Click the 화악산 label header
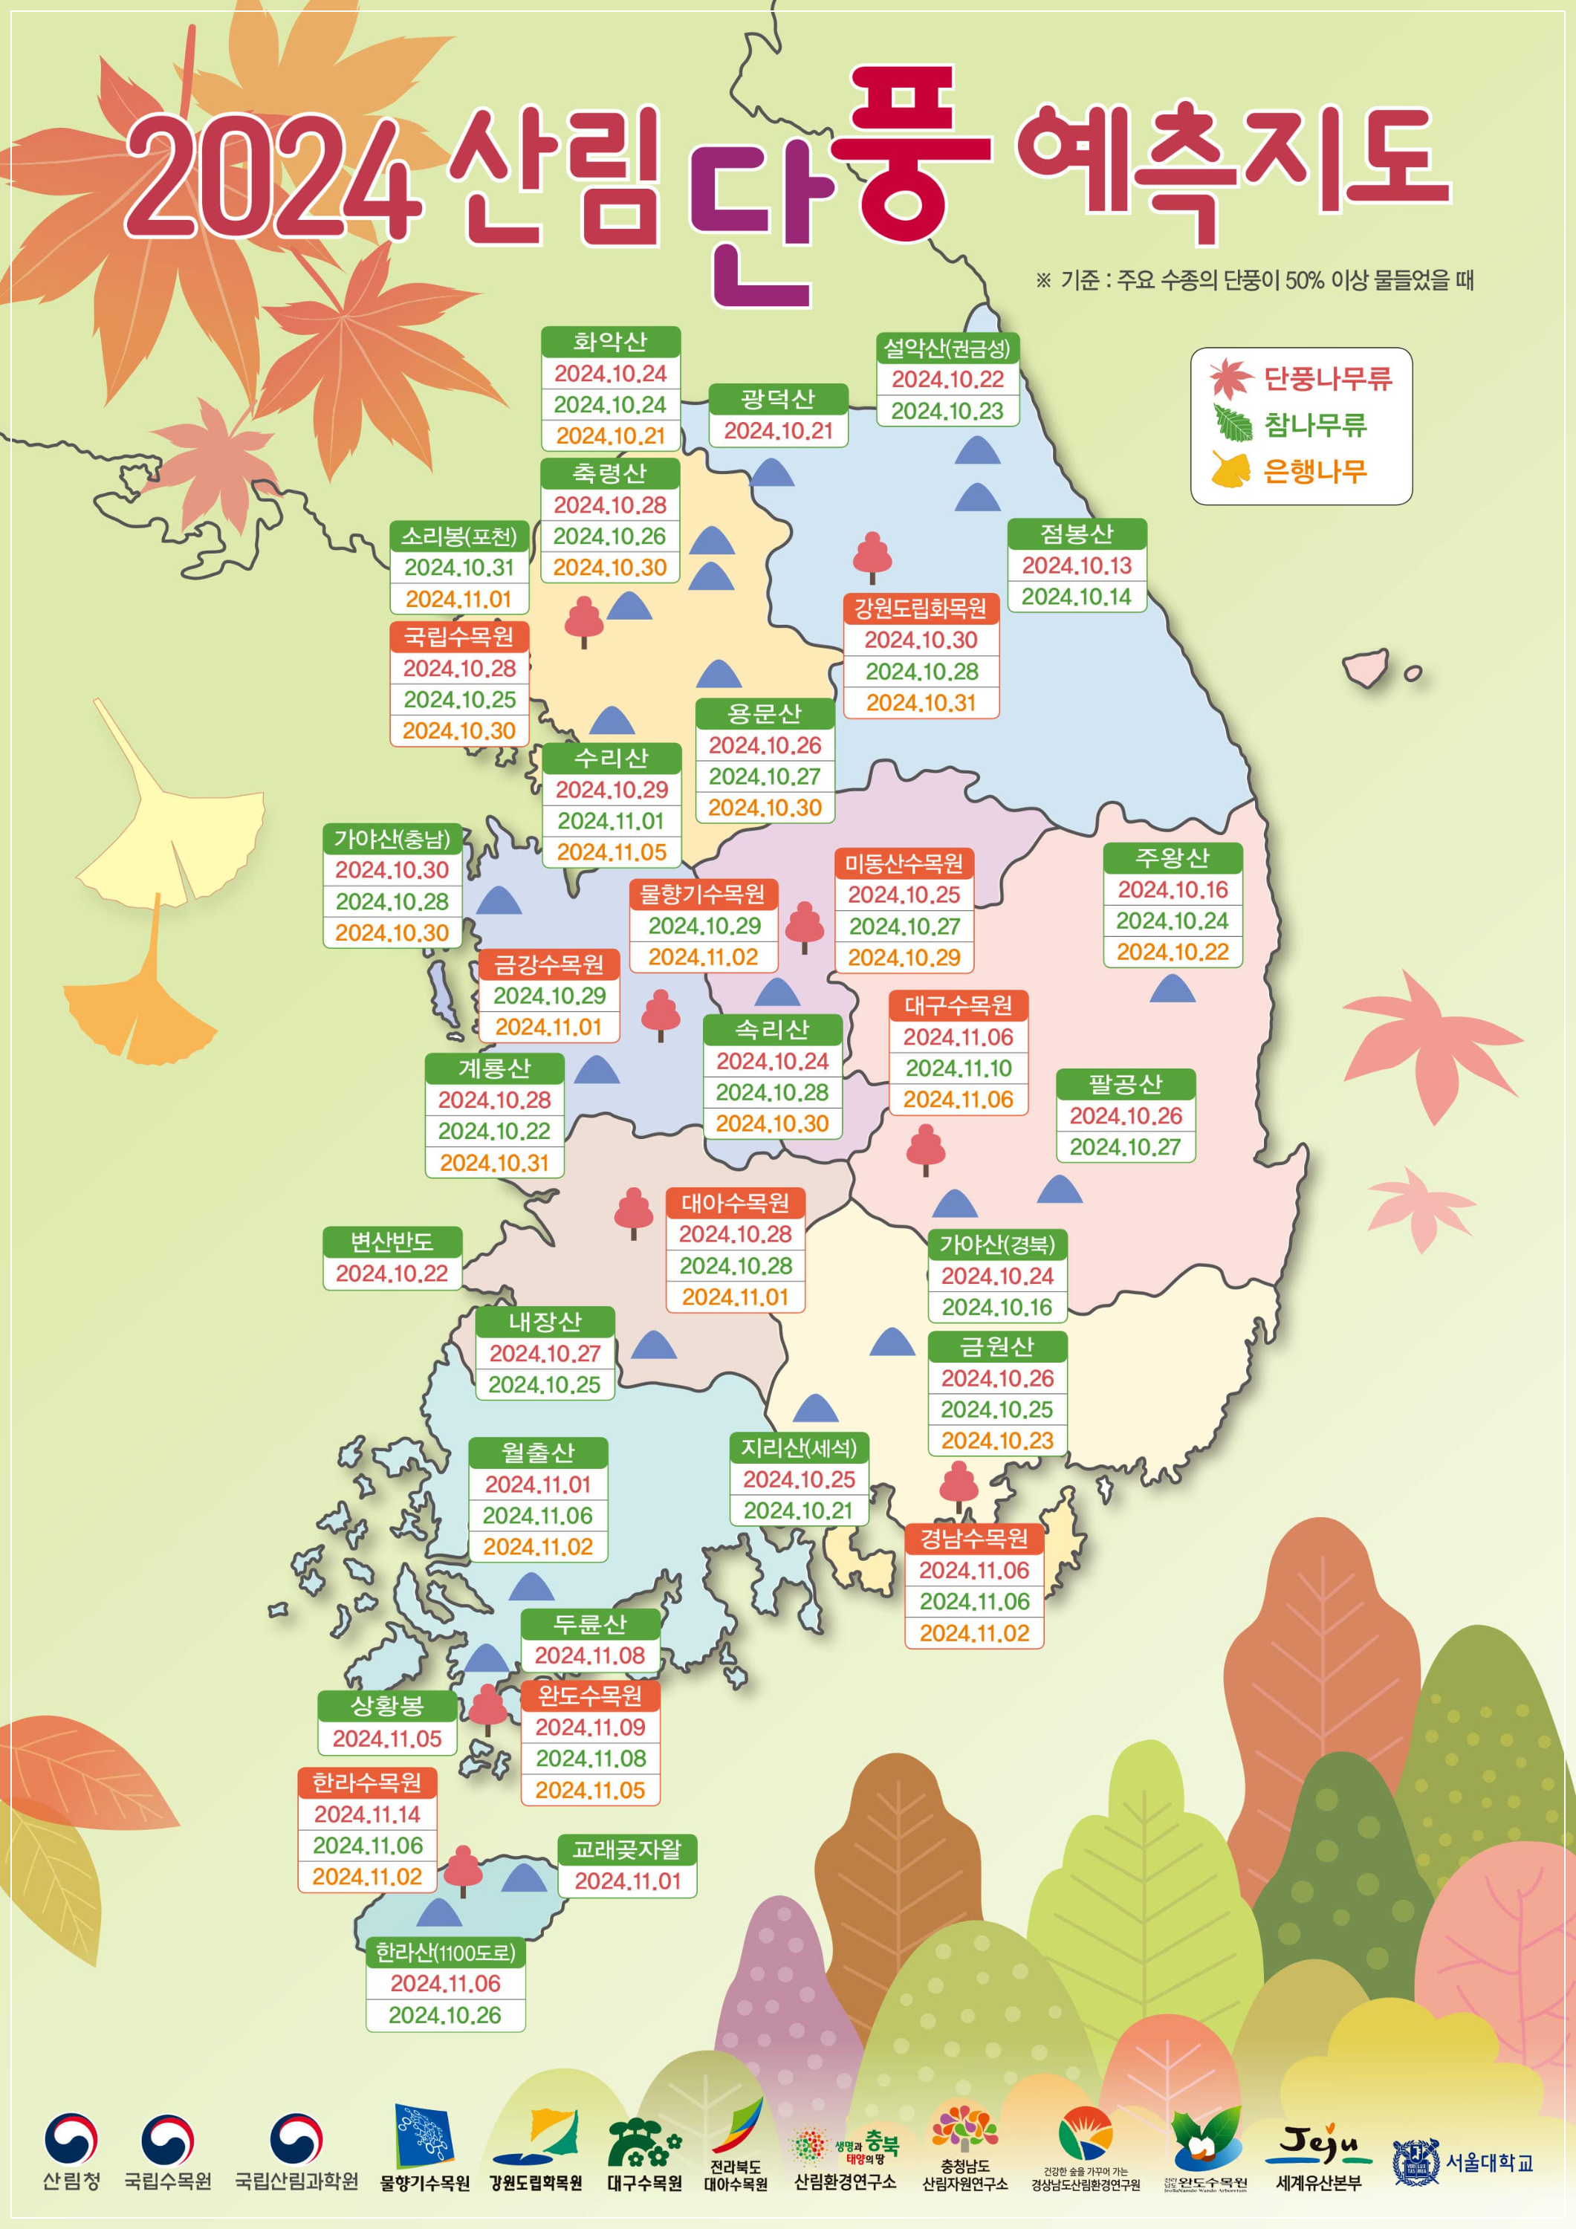click(610, 342)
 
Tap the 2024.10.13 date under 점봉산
click(1077, 565)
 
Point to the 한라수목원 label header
click(367, 1782)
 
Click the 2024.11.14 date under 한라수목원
click(367, 1814)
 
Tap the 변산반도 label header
click(392, 1242)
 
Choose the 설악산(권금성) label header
click(947, 348)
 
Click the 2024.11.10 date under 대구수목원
click(959, 1068)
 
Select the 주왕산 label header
click(1172, 858)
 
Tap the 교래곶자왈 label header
click(627, 1849)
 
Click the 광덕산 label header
click(778, 398)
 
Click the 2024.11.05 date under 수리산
click(612, 851)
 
